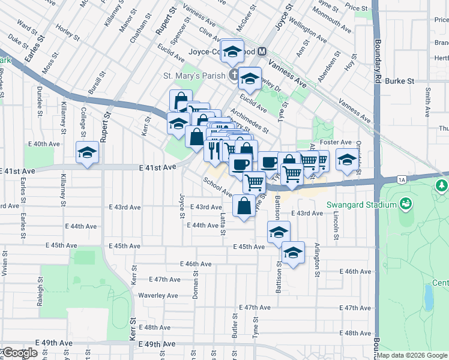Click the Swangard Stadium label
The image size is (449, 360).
coord(361,205)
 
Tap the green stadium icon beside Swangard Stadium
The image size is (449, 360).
coord(406,205)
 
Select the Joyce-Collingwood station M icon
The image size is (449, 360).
coord(262,52)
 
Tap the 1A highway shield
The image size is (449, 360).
coord(402,179)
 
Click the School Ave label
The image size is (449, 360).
coord(217,186)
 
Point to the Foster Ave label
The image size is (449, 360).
coord(336,142)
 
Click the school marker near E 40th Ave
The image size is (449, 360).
coord(87,153)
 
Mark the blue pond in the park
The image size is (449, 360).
coord(428,296)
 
